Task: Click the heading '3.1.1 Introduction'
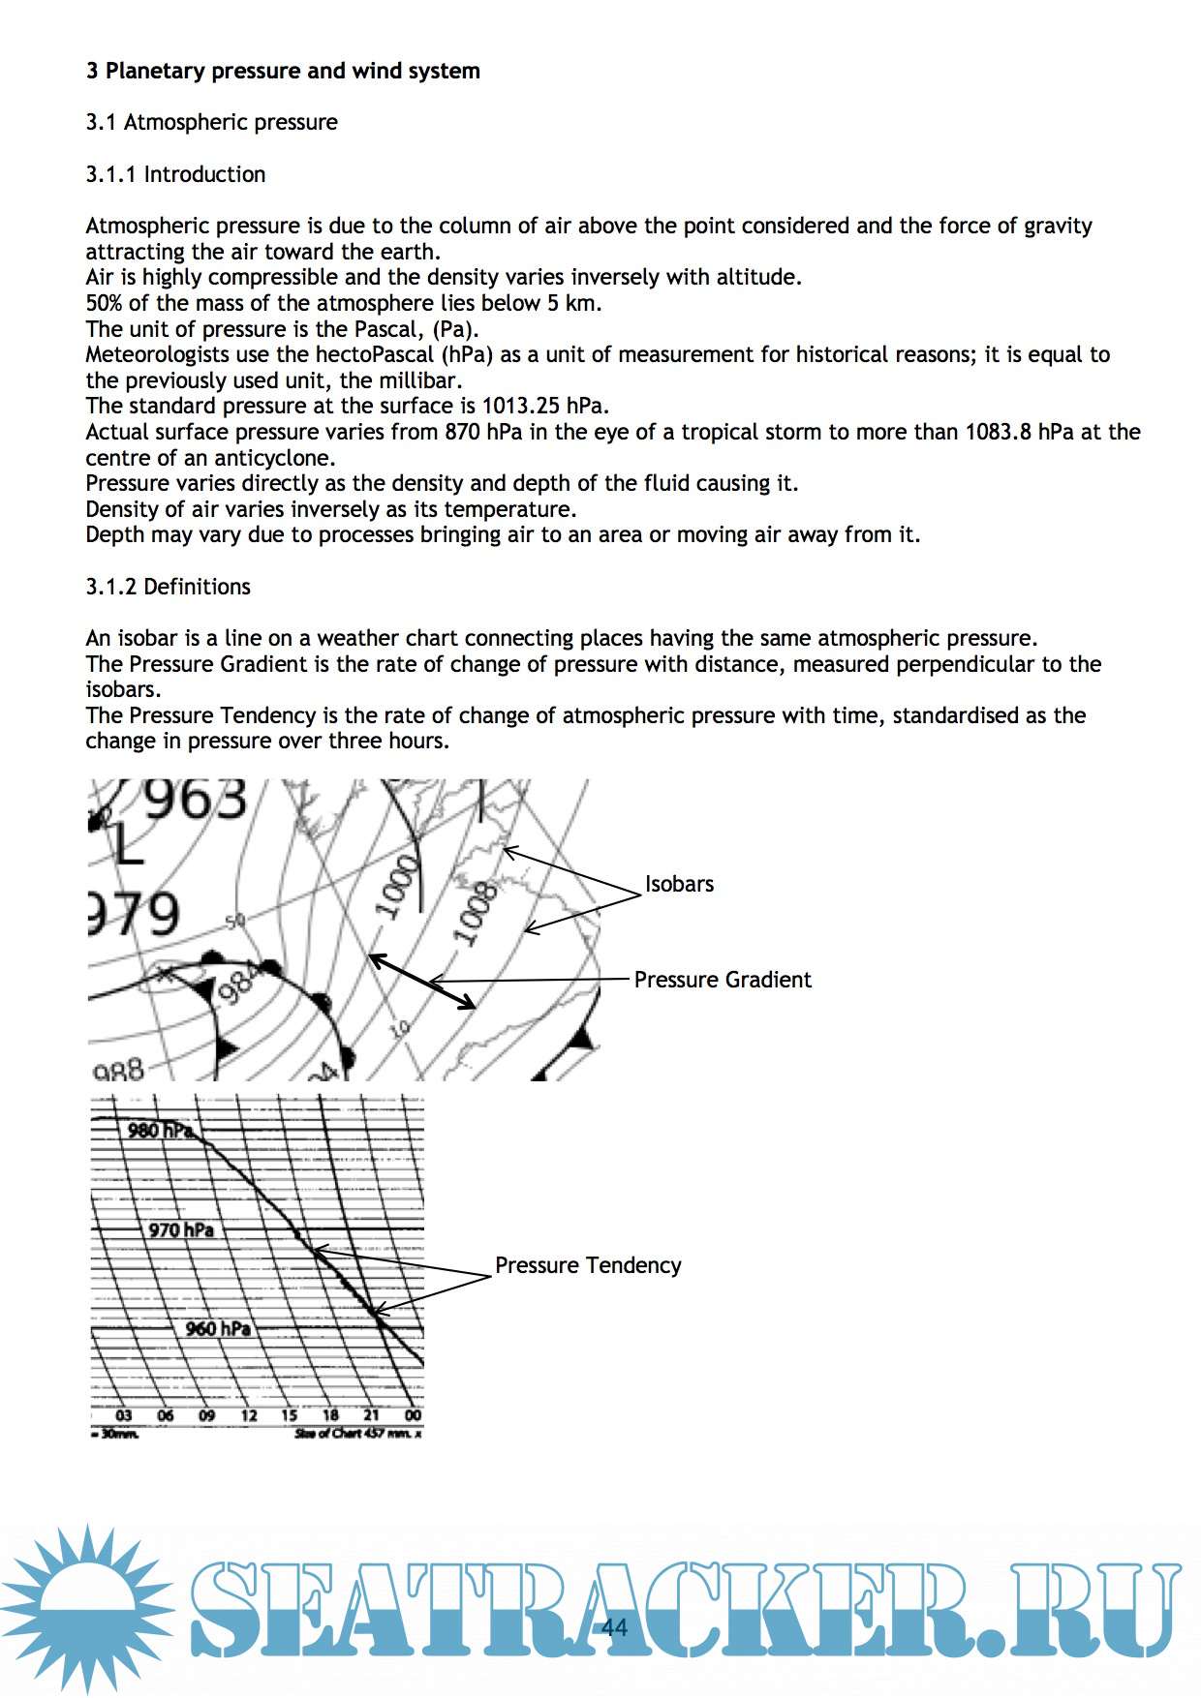tap(175, 174)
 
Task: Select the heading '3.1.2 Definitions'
tap(168, 587)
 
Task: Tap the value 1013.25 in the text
tap(521, 406)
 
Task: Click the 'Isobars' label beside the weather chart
tap(679, 884)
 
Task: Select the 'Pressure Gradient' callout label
tap(723, 980)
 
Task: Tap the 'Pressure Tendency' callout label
tap(588, 1265)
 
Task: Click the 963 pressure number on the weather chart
tap(196, 801)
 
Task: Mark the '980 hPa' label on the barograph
tap(160, 1130)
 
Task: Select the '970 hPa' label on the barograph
tap(181, 1229)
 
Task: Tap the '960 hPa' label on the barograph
tap(218, 1328)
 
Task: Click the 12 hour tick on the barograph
tap(249, 1415)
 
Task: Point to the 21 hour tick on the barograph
tap(372, 1415)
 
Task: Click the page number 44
tap(614, 1626)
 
